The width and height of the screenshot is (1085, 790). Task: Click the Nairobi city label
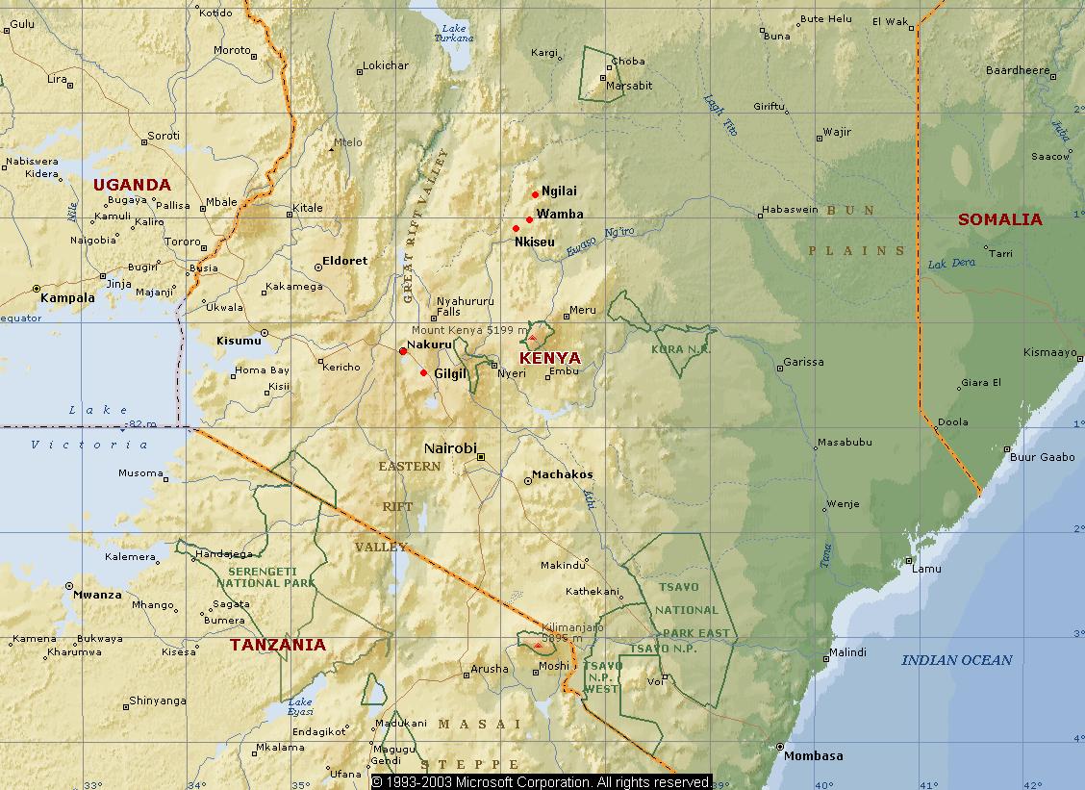click(x=450, y=448)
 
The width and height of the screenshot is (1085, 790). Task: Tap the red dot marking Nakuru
click(x=403, y=351)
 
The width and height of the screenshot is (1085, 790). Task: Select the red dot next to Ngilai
click(x=536, y=194)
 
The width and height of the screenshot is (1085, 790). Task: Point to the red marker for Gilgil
click(x=424, y=372)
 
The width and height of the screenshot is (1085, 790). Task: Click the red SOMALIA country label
click(x=999, y=219)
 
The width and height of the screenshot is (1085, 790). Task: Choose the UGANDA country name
click(x=132, y=185)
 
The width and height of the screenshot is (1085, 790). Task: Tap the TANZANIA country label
click(x=278, y=645)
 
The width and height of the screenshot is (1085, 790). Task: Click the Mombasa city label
click(x=813, y=755)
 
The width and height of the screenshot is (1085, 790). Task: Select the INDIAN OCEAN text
click(x=956, y=660)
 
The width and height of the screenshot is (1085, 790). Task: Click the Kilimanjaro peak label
click(x=572, y=625)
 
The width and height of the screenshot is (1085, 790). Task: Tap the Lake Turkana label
click(x=456, y=33)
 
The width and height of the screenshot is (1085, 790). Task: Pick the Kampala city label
click(x=68, y=298)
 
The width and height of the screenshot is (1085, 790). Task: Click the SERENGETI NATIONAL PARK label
click(x=265, y=576)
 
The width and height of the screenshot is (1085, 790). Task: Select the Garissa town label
click(x=804, y=363)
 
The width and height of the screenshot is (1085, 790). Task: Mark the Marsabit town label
click(x=629, y=86)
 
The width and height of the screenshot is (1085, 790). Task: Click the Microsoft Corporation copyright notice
click(x=542, y=781)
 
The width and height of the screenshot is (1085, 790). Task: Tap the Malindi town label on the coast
click(x=847, y=652)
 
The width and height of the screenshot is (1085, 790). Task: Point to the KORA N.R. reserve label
click(x=680, y=348)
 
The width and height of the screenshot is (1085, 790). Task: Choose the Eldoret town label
click(x=344, y=261)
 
